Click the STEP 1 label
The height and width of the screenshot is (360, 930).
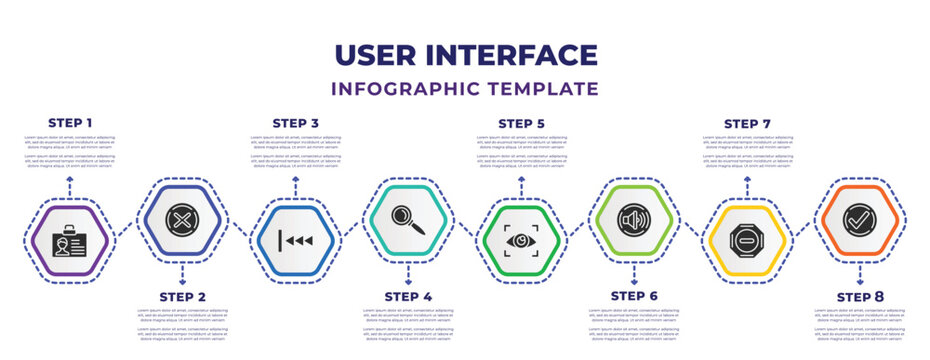pyautogui.click(x=70, y=123)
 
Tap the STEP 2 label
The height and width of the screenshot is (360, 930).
pyautogui.click(x=183, y=296)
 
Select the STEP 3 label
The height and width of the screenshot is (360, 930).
pyautogui.click(x=295, y=123)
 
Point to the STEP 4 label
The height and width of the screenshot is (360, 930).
pyautogui.click(x=408, y=296)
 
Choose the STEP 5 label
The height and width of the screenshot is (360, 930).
pyautogui.click(x=521, y=123)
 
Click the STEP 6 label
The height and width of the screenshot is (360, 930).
pyautogui.click(x=634, y=296)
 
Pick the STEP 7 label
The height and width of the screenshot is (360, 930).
pyautogui.click(x=747, y=123)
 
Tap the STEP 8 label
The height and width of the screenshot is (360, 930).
pyautogui.click(x=860, y=296)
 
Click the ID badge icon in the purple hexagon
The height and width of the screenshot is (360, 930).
pyautogui.click(x=70, y=241)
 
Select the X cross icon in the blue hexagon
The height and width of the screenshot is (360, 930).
pyautogui.click(x=183, y=217)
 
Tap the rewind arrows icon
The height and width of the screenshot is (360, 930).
pyautogui.click(x=295, y=241)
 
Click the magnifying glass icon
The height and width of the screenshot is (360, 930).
pyautogui.click(x=408, y=218)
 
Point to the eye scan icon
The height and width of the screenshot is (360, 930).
pyautogui.click(x=521, y=241)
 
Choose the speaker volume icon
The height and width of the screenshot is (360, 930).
pyautogui.click(x=634, y=218)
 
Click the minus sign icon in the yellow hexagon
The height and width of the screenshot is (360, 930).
pyautogui.click(x=747, y=241)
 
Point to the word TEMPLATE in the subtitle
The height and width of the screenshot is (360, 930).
pyautogui.click(x=551, y=89)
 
